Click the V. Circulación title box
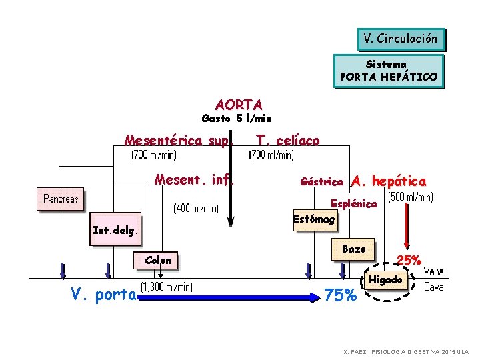pos(401,39)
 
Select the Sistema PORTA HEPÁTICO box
pos(389,71)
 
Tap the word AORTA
pos(239,105)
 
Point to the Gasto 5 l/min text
pos(237,119)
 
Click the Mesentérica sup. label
pos(178,141)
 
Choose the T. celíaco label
pos(288,141)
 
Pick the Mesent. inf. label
pos(193,180)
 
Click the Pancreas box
pos(61,199)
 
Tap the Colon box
pos(157,260)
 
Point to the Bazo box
pos(353,249)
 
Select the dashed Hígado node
pos(386,280)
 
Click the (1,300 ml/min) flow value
pos(166,287)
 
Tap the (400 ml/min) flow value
pos(195,209)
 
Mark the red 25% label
pos(408,259)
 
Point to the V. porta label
pos(104,295)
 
